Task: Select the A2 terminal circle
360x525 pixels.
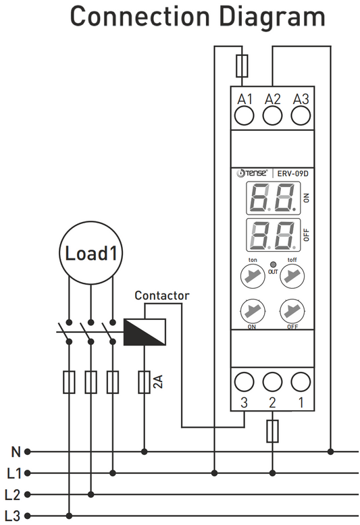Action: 272,117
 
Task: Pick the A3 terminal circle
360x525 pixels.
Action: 301,117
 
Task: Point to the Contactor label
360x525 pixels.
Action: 162,296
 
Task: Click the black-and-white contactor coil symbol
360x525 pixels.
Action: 145,331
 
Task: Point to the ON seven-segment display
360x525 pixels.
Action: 273,197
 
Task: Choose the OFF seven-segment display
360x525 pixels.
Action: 273,235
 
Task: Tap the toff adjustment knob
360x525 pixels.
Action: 292,275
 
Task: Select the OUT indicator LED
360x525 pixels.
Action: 272,264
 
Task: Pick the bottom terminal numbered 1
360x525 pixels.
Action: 301,383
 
